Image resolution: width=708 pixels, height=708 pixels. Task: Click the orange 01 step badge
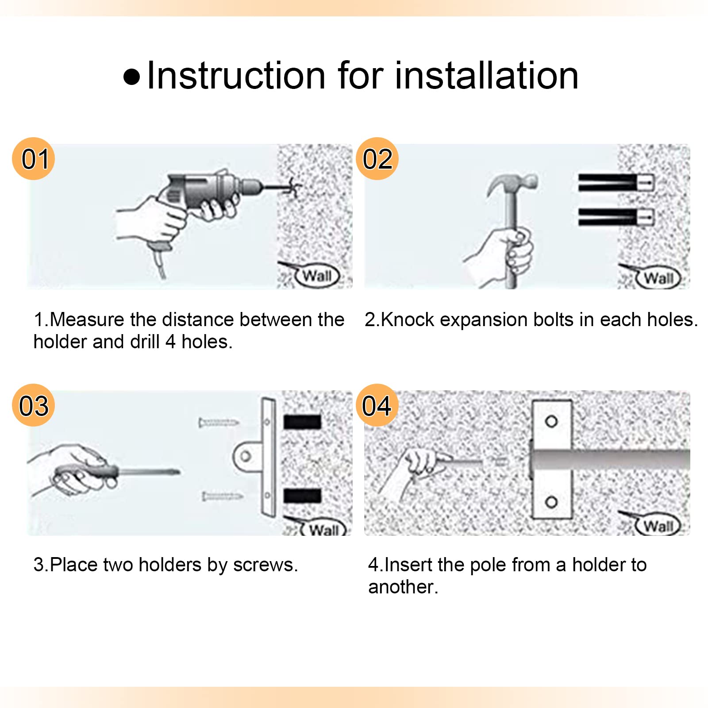point(34,158)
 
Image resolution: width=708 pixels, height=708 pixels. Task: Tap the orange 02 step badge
point(377,158)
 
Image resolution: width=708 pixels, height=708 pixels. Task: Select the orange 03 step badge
point(34,405)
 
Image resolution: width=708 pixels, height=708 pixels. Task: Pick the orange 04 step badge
point(377,405)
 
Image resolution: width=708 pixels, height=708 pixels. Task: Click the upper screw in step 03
point(219,423)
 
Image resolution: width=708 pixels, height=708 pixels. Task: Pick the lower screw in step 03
point(223,496)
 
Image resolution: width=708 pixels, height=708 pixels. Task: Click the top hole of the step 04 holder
point(551,421)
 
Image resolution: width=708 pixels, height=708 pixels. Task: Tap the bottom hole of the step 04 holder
point(551,502)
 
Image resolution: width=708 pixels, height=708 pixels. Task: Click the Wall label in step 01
point(317,276)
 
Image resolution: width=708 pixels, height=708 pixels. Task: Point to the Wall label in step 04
point(659,526)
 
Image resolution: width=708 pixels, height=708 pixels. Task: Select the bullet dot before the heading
point(132,77)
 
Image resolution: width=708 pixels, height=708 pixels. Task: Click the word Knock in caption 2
point(408,319)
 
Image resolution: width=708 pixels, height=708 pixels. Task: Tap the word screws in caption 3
point(265,566)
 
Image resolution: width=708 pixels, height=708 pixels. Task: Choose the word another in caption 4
point(403,587)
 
